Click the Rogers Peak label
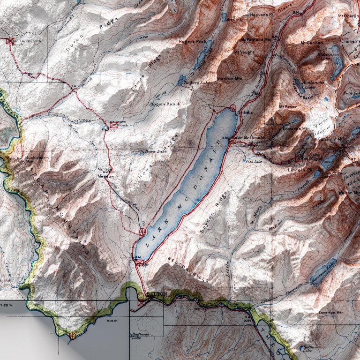[x=192, y=42]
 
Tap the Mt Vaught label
[x=243, y=52]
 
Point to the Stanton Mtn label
[x=230, y=78]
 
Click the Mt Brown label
[x=288, y=107]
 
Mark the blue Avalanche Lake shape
[x=298, y=84]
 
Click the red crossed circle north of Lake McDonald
[x=233, y=108]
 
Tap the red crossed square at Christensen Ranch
[x=113, y=126]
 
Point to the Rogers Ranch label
[x=165, y=104]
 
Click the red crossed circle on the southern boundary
[x=73, y=335]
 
